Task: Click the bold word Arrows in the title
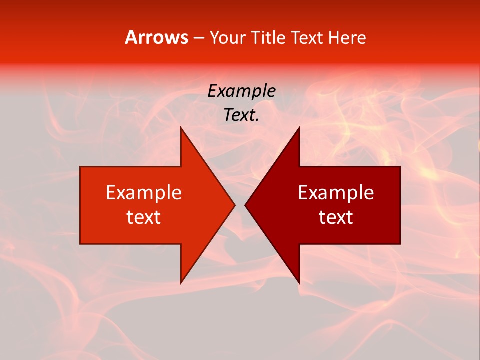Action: (157, 37)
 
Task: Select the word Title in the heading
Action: (268, 37)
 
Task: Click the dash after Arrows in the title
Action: (198, 38)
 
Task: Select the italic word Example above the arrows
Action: (241, 91)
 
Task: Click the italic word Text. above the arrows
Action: (241, 115)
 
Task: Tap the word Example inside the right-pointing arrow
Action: (143, 192)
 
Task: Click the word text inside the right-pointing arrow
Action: (143, 217)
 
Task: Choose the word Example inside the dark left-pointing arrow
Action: (336, 192)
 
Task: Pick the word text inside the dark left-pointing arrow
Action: (336, 217)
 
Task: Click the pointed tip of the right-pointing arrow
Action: (234, 205)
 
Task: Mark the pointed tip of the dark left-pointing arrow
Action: (245, 205)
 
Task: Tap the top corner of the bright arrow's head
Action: (181, 128)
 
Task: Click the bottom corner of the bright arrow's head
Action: (181, 283)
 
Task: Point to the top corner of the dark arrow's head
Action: (299, 128)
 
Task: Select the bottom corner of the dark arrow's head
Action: (299, 283)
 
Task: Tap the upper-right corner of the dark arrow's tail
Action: (400, 167)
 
